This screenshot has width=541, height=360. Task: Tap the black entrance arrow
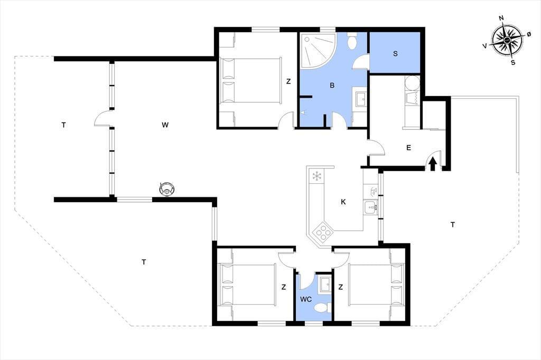433,164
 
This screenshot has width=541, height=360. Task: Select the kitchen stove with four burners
323,232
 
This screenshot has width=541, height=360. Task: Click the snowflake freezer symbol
316,176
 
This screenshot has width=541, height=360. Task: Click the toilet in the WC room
324,307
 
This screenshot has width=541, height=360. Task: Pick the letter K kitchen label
343,202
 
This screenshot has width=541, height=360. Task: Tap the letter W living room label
165,125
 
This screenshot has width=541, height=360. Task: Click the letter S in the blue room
395,53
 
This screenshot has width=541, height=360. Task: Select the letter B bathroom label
332,85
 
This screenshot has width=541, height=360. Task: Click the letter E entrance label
408,148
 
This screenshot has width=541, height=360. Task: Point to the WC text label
306,299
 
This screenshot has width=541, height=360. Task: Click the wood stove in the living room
166,189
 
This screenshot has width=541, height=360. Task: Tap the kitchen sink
371,207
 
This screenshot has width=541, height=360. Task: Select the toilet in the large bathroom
352,41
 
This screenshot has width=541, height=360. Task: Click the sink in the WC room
325,285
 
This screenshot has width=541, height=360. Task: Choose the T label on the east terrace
452,225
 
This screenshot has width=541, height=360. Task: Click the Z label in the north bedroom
288,81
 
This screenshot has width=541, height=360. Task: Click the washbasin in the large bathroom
360,100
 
